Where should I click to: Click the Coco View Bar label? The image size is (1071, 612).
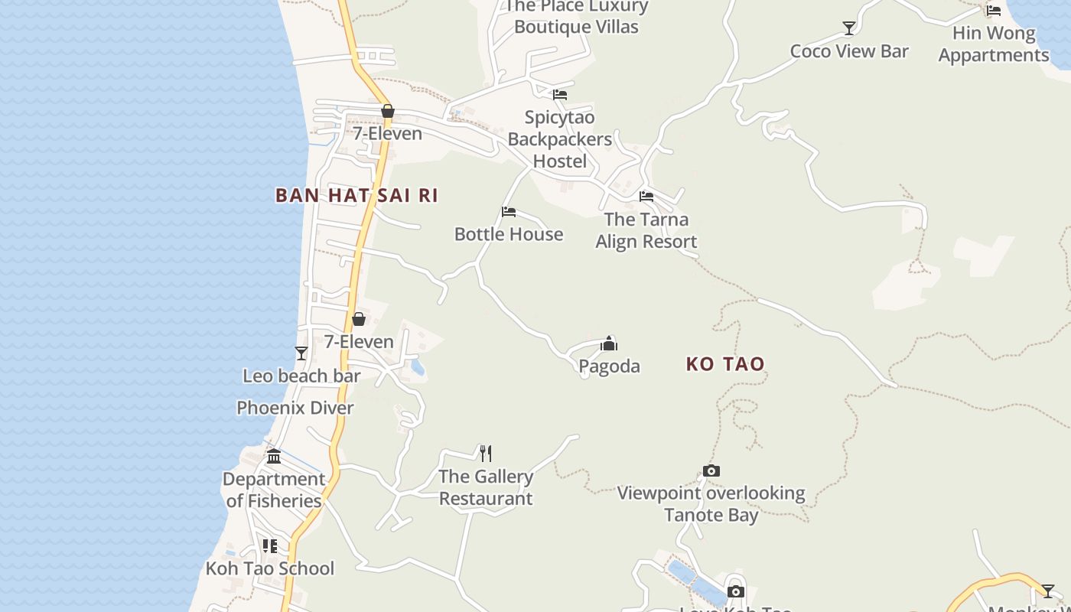tap(849, 51)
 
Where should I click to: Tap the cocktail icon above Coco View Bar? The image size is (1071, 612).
tap(849, 28)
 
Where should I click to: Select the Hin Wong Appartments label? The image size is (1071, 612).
tap(994, 44)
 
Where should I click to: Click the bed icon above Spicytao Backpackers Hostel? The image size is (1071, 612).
tap(560, 95)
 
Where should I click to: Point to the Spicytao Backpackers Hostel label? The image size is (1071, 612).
tap(560, 139)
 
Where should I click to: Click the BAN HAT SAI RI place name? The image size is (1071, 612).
tap(356, 195)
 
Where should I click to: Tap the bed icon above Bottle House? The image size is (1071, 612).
tap(509, 212)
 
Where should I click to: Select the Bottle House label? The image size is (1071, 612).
tap(509, 234)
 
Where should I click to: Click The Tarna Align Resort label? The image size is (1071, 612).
tap(646, 230)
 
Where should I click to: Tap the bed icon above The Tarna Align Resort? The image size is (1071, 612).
tap(646, 196)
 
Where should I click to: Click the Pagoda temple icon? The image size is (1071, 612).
tap(609, 343)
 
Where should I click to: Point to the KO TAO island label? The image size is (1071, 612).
tap(725, 364)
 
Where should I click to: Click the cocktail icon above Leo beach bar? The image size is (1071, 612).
tap(301, 353)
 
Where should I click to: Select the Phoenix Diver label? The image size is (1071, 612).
tap(295, 408)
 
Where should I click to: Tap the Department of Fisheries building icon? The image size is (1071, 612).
tap(274, 457)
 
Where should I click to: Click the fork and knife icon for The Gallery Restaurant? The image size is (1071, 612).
tap(486, 454)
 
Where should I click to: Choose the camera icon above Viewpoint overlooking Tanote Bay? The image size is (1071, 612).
tap(711, 470)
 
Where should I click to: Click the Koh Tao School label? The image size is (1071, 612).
tap(270, 568)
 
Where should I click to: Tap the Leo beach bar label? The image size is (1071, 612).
tap(301, 376)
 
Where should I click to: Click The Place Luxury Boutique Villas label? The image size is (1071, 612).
tap(576, 17)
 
